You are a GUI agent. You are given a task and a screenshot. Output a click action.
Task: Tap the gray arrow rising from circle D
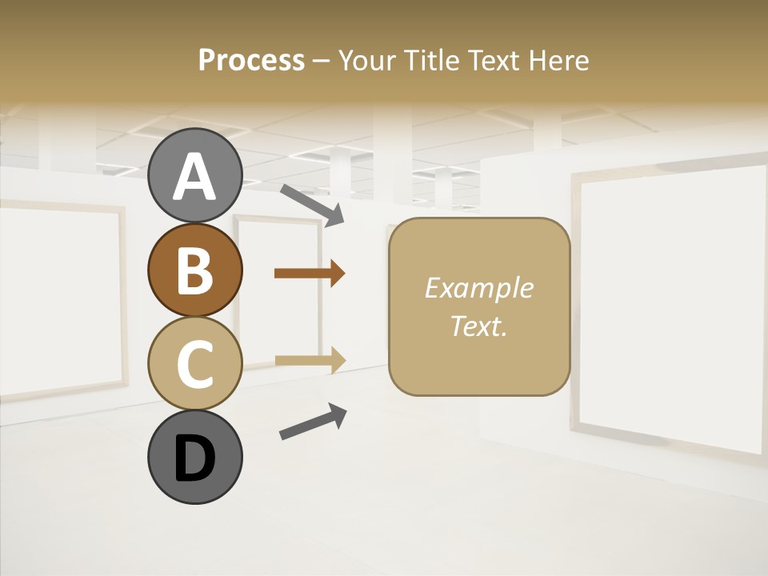[x=313, y=422]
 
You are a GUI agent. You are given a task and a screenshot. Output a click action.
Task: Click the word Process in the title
[x=251, y=61]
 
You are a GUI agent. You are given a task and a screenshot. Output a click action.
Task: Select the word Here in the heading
[x=558, y=61]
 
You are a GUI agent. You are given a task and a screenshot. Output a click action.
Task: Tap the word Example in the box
[x=478, y=288]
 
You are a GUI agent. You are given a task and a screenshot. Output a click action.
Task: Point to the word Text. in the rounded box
[x=478, y=326]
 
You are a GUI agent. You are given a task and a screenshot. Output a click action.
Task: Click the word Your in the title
[x=364, y=61]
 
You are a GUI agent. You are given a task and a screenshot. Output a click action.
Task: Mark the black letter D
[x=194, y=459]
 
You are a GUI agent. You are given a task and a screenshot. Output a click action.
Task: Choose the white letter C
[x=194, y=364]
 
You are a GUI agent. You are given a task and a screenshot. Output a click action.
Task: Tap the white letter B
[x=194, y=270]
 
